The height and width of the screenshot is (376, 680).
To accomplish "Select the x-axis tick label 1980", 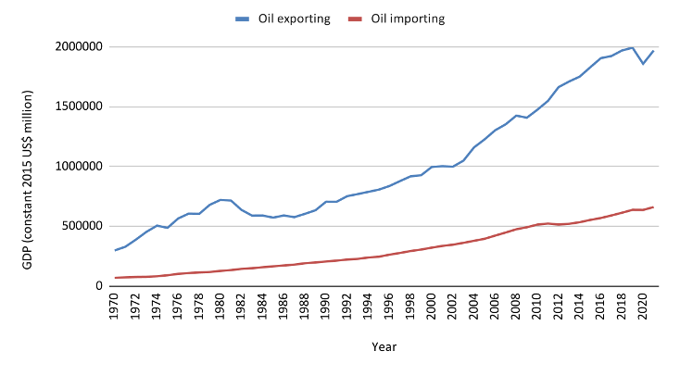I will coord(220,307).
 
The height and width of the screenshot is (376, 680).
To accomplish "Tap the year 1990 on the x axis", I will coord(324,307).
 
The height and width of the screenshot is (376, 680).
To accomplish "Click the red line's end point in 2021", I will coord(653,207).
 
